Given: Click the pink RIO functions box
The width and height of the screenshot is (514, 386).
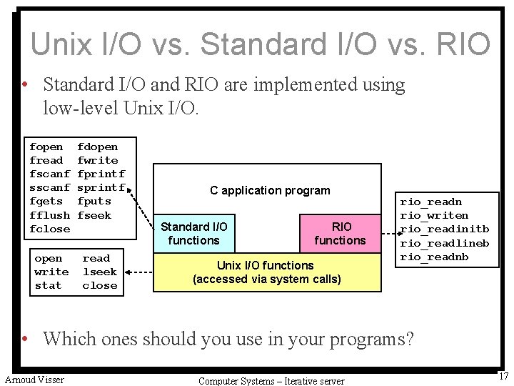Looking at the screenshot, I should coord(340,233).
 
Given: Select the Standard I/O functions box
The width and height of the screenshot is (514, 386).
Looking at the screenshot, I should coord(194,233).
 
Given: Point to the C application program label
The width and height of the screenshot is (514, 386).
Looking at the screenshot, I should coord(270,190).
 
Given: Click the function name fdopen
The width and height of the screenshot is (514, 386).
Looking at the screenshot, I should coord(98,147).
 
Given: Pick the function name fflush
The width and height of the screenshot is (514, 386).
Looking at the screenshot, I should coord(50,215).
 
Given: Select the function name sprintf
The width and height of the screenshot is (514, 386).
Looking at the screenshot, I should coord(101,187).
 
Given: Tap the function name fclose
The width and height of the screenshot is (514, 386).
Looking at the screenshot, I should coord(50,229).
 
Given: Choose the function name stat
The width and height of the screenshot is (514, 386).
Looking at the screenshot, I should coord(48,285).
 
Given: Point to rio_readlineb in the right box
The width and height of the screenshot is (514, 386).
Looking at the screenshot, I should coord(444,243).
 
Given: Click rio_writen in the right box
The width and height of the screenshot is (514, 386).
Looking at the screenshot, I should coord(434,215).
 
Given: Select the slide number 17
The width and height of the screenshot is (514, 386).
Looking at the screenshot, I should coord(503,376).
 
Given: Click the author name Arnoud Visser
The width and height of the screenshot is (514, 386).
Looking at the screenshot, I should coord(34,380).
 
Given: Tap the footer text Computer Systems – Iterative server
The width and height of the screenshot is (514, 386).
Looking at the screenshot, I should coord(271,381).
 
